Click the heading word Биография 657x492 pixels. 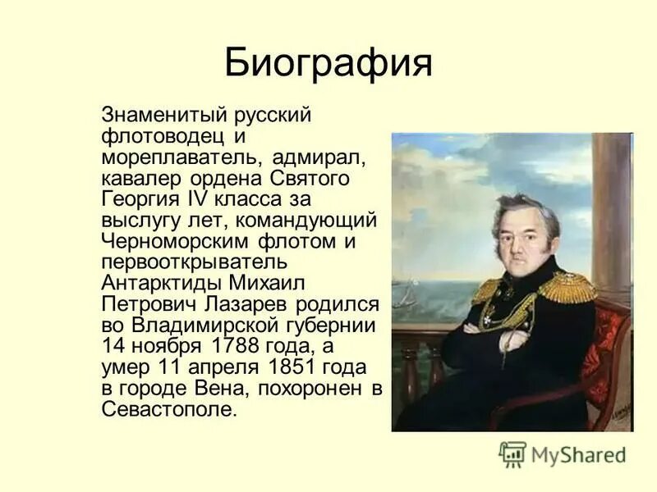coord(328,62)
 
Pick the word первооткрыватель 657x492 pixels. coord(195,262)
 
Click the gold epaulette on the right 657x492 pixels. coord(567,286)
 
